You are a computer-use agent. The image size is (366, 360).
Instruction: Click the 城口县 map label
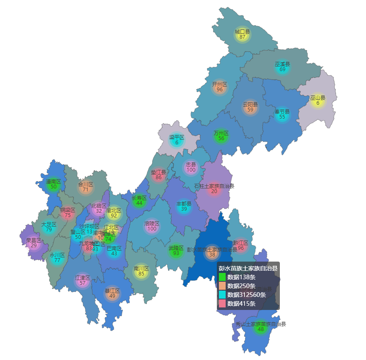click(242, 32)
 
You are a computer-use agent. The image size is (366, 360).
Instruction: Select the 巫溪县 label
click(282, 64)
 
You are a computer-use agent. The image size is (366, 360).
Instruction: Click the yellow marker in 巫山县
click(318, 101)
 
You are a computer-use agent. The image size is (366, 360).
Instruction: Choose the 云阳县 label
click(250, 104)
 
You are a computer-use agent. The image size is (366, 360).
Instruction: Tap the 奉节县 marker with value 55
click(282, 115)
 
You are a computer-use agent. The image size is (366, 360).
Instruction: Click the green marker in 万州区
click(221, 136)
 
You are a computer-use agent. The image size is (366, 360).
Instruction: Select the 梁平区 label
click(177, 138)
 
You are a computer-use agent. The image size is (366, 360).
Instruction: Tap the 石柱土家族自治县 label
click(214, 186)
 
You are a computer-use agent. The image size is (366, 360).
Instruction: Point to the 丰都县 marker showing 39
click(184, 206)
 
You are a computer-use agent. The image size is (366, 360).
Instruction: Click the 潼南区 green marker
click(53, 185)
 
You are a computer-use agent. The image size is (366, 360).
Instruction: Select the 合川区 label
click(85, 184)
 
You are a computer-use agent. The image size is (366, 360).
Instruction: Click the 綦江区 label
click(112, 291)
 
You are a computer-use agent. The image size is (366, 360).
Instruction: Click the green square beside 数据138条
click(222, 277)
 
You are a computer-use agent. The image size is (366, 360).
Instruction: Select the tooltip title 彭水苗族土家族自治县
click(248, 268)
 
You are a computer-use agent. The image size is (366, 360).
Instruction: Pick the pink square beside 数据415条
click(222, 304)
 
